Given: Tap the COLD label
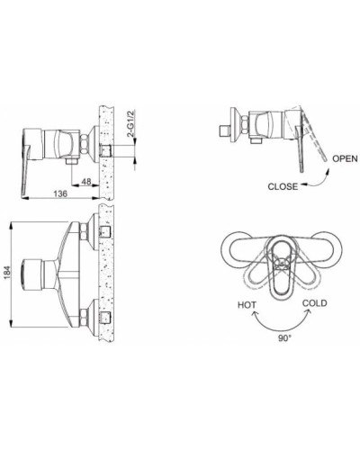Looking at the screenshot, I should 316,304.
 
